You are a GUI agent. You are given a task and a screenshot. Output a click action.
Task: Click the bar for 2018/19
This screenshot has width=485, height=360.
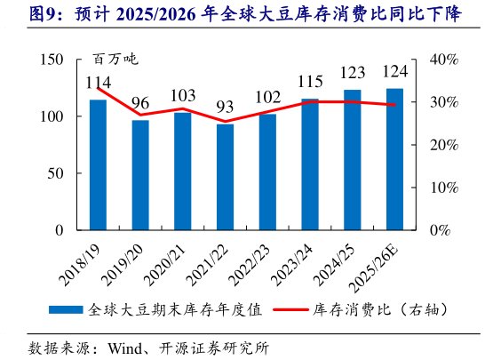[x=98, y=164]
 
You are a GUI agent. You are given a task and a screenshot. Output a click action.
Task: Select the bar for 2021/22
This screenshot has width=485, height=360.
[x=225, y=177]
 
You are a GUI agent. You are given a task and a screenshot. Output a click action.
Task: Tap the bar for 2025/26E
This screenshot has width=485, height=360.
[x=394, y=159]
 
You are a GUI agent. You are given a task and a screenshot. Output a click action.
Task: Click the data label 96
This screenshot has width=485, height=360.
[x=140, y=104]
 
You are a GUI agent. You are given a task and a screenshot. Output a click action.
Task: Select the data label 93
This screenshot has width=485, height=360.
[x=225, y=108]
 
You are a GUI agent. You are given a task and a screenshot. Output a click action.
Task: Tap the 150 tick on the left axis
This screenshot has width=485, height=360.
[x=52, y=60]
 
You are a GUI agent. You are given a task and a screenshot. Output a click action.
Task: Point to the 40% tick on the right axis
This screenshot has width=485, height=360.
[x=442, y=60]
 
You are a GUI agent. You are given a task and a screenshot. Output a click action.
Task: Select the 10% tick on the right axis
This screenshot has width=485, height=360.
[x=442, y=188]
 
